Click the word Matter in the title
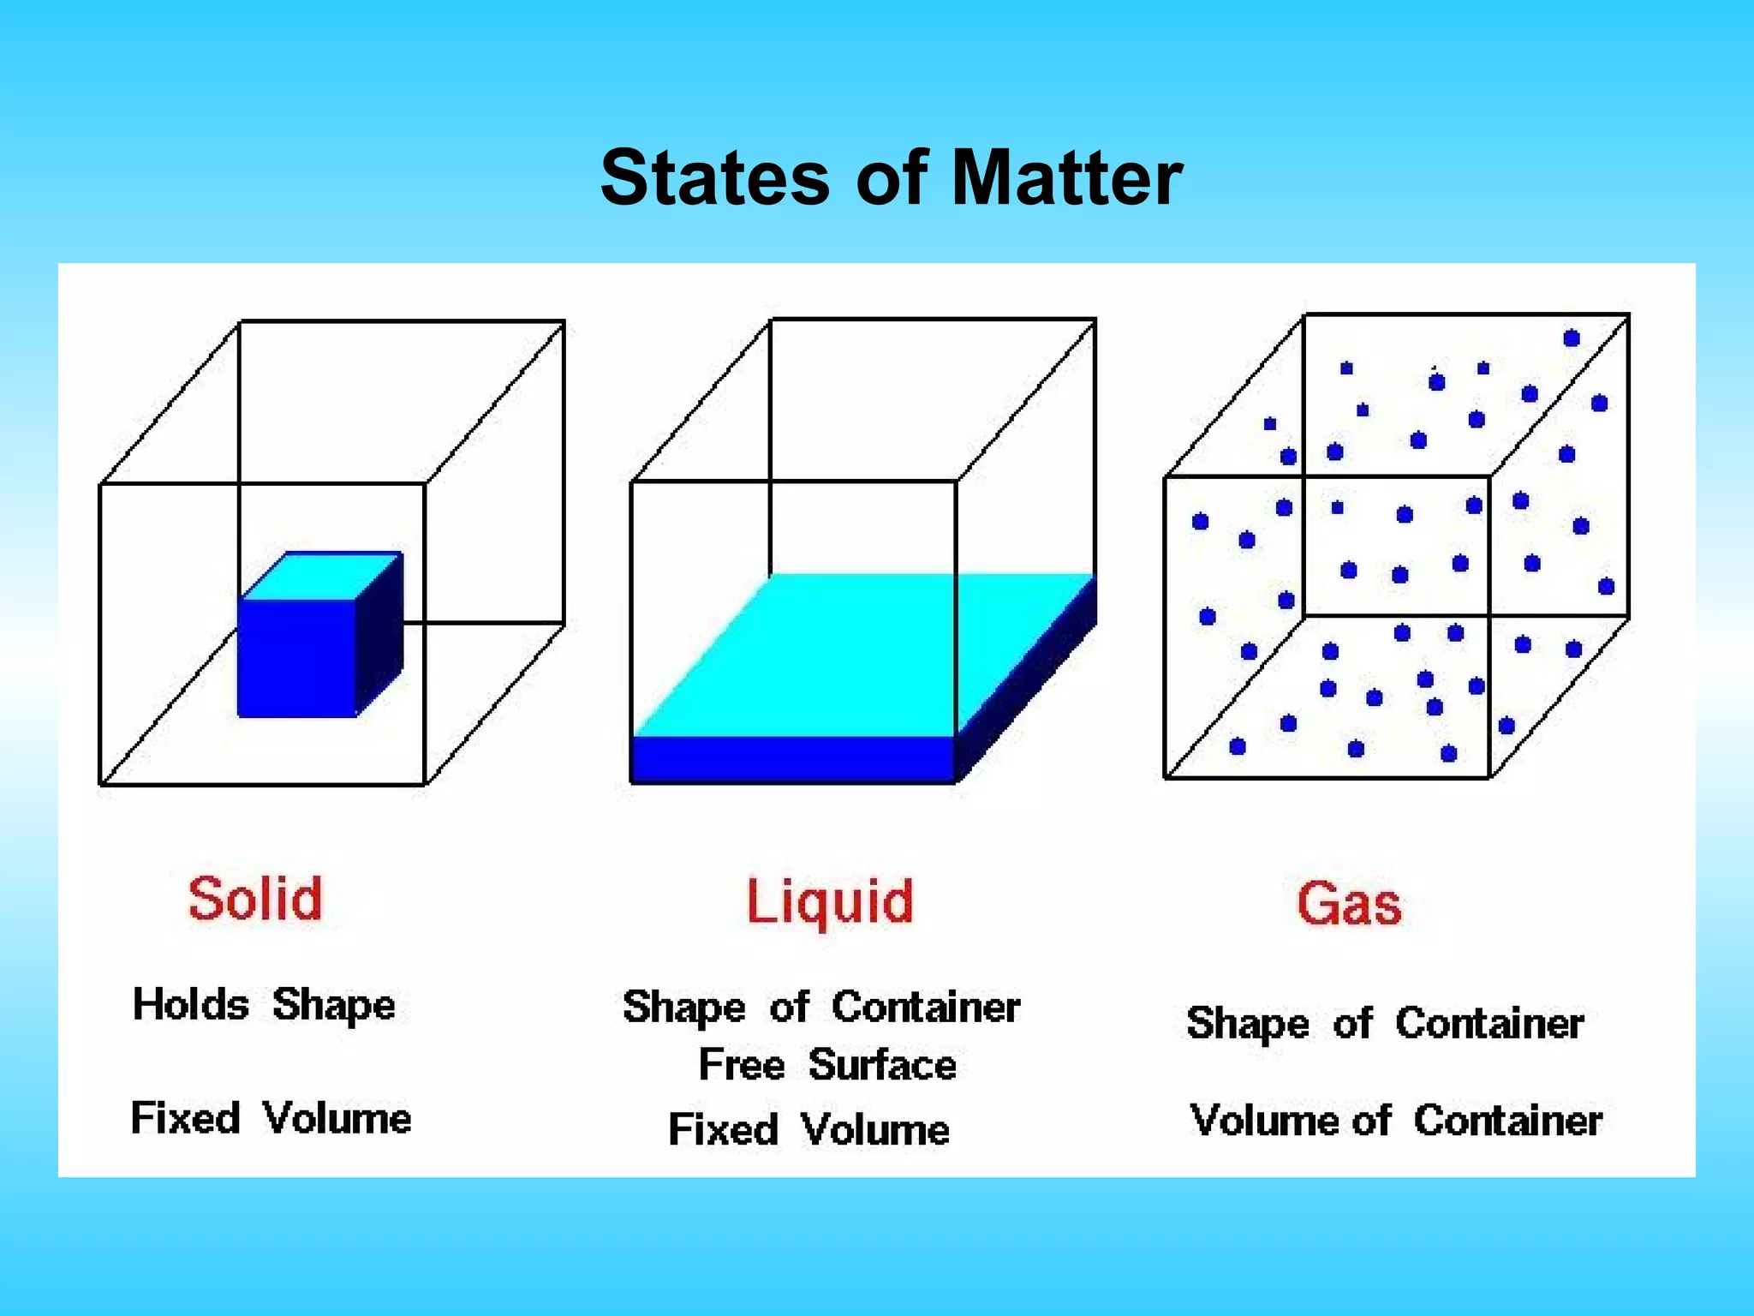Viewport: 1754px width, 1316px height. [1066, 178]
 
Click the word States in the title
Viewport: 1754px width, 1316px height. [714, 178]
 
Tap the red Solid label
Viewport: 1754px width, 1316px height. [255, 899]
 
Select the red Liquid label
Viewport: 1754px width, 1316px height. [830, 903]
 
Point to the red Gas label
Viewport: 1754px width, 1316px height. [1349, 904]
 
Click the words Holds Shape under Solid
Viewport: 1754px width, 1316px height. [264, 1005]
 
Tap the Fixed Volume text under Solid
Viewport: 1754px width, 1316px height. [271, 1118]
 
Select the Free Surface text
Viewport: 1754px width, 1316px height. [827, 1065]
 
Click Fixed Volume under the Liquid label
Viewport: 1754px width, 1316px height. [809, 1129]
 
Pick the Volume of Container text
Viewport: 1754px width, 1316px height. [1396, 1121]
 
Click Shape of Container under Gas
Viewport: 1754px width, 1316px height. [1385, 1024]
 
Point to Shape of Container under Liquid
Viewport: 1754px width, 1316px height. [821, 1008]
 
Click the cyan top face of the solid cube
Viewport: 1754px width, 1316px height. [321, 576]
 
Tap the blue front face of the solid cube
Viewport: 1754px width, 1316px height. [296, 657]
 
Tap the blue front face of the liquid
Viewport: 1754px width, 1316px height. [792, 759]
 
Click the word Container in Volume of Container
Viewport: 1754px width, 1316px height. [1507, 1121]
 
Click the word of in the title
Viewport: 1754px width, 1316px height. [892, 178]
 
